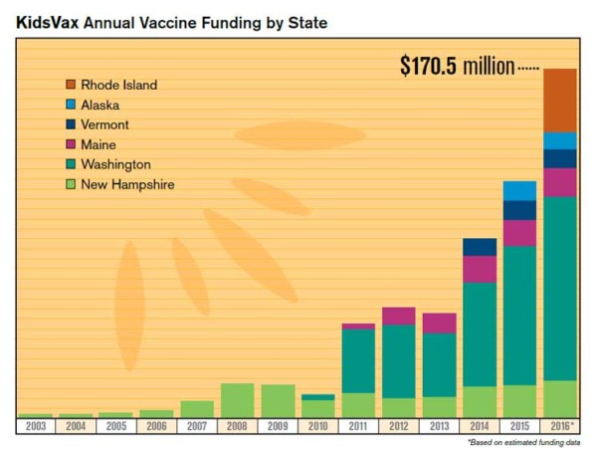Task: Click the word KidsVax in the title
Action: coord(48,20)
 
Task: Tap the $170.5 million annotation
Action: coord(458,67)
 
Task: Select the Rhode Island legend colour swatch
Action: coord(71,85)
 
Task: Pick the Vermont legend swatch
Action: coord(71,124)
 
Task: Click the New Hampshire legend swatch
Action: coord(71,184)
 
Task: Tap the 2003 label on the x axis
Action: coord(35,426)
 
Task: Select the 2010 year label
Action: coord(317,426)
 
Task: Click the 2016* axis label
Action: coord(561,426)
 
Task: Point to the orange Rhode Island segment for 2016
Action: coord(560,100)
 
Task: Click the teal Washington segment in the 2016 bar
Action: coord(560,288)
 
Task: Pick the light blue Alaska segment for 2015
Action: coord(519,190)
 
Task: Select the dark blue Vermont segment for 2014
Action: coord(480,247)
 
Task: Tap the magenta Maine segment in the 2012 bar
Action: coord(399,316)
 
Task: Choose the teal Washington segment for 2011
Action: coord(358,360)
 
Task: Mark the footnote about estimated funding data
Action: coord(523,441)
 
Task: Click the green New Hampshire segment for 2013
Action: coord(439,406)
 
